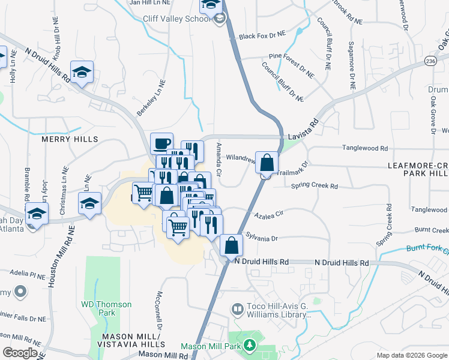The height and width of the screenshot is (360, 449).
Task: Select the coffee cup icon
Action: coord(161,143)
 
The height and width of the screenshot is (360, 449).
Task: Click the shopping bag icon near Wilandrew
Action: coord(267,162)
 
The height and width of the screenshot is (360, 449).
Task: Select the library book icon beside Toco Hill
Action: coord(238,310)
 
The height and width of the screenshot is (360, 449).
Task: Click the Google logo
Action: coord(20,353)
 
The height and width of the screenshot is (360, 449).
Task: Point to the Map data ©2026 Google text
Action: coord(411,355)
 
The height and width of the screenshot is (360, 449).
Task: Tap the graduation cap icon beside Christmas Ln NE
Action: coord(89,203)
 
